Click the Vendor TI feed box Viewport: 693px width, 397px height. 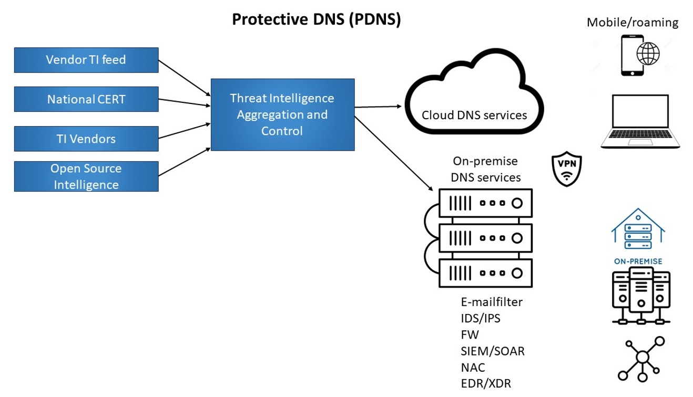click(x=86, y=60)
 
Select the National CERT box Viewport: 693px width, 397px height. click(x=86, y=99)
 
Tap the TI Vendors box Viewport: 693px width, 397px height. click(x=86, y=139)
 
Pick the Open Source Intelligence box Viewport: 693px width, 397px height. click(x=86, y=176)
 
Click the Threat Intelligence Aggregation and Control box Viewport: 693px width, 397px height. click(x=282, y=114)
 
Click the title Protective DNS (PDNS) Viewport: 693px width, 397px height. click(x=316, y=19)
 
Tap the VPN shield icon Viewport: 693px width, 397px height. click(x=566, y=170)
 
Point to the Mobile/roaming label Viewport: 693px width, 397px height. click(x=632, y=23)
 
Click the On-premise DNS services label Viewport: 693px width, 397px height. click(x=485, y=169)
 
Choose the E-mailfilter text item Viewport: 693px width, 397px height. click(x=491, y=302)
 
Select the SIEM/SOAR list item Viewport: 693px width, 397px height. click(x=492, y=351)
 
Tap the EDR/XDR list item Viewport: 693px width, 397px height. click(x=485, y=383)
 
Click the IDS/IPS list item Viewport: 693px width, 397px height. click(x=480, y=318)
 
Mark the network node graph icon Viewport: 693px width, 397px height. click(x=641, y=359)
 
